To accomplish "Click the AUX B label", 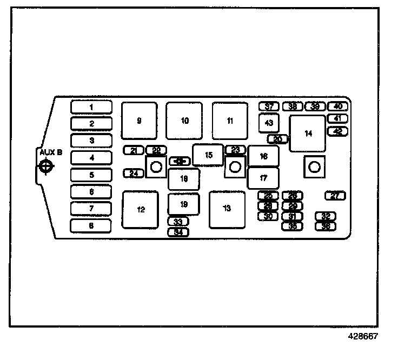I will [x=50, y=152].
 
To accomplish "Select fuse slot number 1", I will [x=91, y=107].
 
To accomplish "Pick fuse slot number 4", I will [x=91, y=158].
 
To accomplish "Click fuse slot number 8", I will [x=91, y=225].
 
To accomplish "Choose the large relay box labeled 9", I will [x=139, y=121].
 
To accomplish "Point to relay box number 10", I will [x=184, y=121].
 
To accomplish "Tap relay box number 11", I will [x=230, y=121].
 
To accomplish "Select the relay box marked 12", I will [x=140, y=209].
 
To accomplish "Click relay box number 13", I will [x=227, y=209].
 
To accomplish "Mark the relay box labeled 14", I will [x=308, y=134].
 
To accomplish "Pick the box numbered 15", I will [x=208, y=155].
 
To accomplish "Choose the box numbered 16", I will [x=263, y=156].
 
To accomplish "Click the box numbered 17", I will [x=263, y=178].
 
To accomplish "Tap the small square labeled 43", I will [x=269, y=123].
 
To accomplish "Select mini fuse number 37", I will [x=269, y=106].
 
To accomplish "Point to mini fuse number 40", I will [x=338, y=106].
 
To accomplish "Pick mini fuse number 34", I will [x=178, y=232].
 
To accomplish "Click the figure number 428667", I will [x=362, y=336].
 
